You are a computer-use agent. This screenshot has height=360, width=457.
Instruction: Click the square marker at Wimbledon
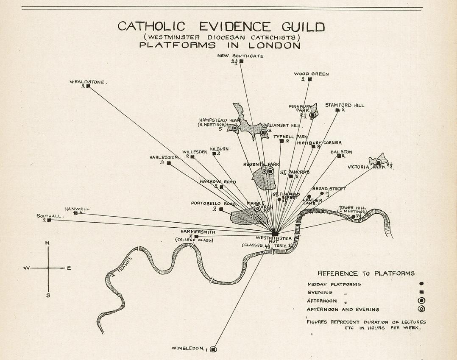click(213, 349)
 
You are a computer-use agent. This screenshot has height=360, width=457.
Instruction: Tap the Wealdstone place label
click(88, 81)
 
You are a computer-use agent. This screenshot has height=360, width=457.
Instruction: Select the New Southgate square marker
click(241, 61)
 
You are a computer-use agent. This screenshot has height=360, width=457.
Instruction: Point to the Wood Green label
click(311, 74)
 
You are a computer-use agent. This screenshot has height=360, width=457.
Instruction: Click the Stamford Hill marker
click(337, 110)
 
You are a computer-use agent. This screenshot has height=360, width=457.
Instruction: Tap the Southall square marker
click(49, 220)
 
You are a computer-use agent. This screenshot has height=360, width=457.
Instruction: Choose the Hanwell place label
click(77, 209)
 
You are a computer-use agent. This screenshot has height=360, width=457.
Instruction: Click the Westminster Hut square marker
click(275, 234)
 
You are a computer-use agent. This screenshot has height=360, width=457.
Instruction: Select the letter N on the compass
click(47, 243)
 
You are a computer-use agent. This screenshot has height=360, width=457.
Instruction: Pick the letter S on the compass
click(48, 295)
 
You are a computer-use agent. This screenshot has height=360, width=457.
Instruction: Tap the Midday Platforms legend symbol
click(421, 284)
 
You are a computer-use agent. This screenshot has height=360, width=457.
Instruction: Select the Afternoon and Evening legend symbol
click(421, 309)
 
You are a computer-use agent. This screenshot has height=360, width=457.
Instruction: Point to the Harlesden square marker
click(169, 163)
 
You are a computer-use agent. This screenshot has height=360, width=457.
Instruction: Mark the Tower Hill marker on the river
click(354, 217)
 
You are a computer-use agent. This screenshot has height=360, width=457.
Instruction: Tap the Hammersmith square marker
click(196, 237)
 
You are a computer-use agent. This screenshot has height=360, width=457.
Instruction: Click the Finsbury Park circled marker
click(312, 114)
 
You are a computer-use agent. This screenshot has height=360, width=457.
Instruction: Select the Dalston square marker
click(339, 156)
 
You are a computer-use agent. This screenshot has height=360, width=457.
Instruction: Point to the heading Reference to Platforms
click(366, 273)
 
